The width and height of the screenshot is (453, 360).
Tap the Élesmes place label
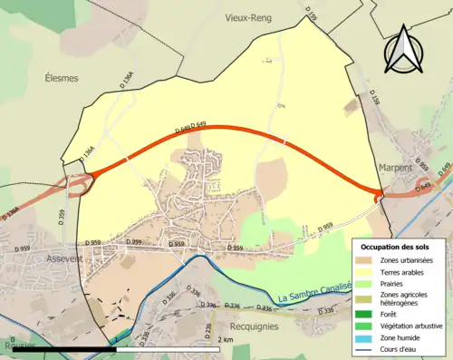[60, 78]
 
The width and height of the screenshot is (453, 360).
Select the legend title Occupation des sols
[400, 247]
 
